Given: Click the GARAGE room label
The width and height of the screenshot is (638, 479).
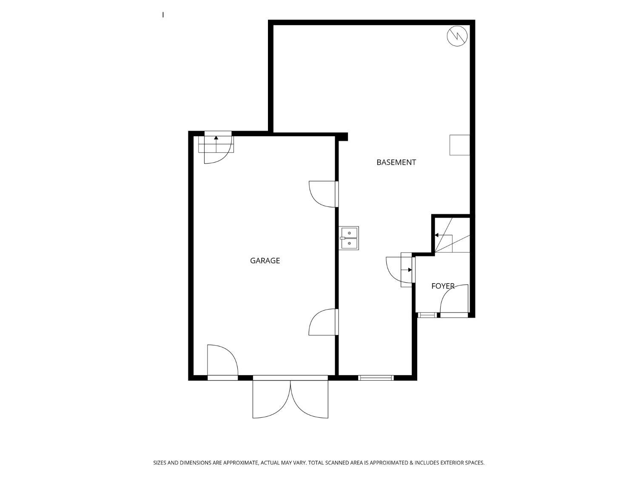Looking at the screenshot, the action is (x=265, y=261).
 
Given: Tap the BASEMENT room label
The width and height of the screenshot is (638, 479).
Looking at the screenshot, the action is (x=396, y=162).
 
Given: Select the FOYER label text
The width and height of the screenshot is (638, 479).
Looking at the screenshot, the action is (x=443, y=286).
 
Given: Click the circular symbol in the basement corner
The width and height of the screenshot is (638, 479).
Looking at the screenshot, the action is (x=457, y=36).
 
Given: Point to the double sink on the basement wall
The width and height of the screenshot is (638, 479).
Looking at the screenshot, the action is (x=349, y=238).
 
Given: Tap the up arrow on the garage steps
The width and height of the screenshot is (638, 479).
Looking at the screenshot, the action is (x=216, y=143).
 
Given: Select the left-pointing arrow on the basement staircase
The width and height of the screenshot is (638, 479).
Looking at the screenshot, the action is (x=443, y=235).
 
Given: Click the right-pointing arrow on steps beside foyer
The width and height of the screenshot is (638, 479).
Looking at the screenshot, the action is (x=406, y=270).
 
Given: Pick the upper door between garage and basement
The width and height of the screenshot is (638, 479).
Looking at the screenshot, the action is (x=323, y=194).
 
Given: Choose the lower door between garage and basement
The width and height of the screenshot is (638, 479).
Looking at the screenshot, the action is (x=323, y=322).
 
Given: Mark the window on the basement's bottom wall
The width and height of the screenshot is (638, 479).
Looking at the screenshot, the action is (x=376, y=378).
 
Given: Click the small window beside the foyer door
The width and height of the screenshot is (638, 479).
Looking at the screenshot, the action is (x=427, y=315).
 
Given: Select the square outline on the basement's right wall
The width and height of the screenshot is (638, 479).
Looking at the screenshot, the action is (x=459, y=145).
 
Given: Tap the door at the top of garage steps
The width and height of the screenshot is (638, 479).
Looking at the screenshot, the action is (x=218, y=148).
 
